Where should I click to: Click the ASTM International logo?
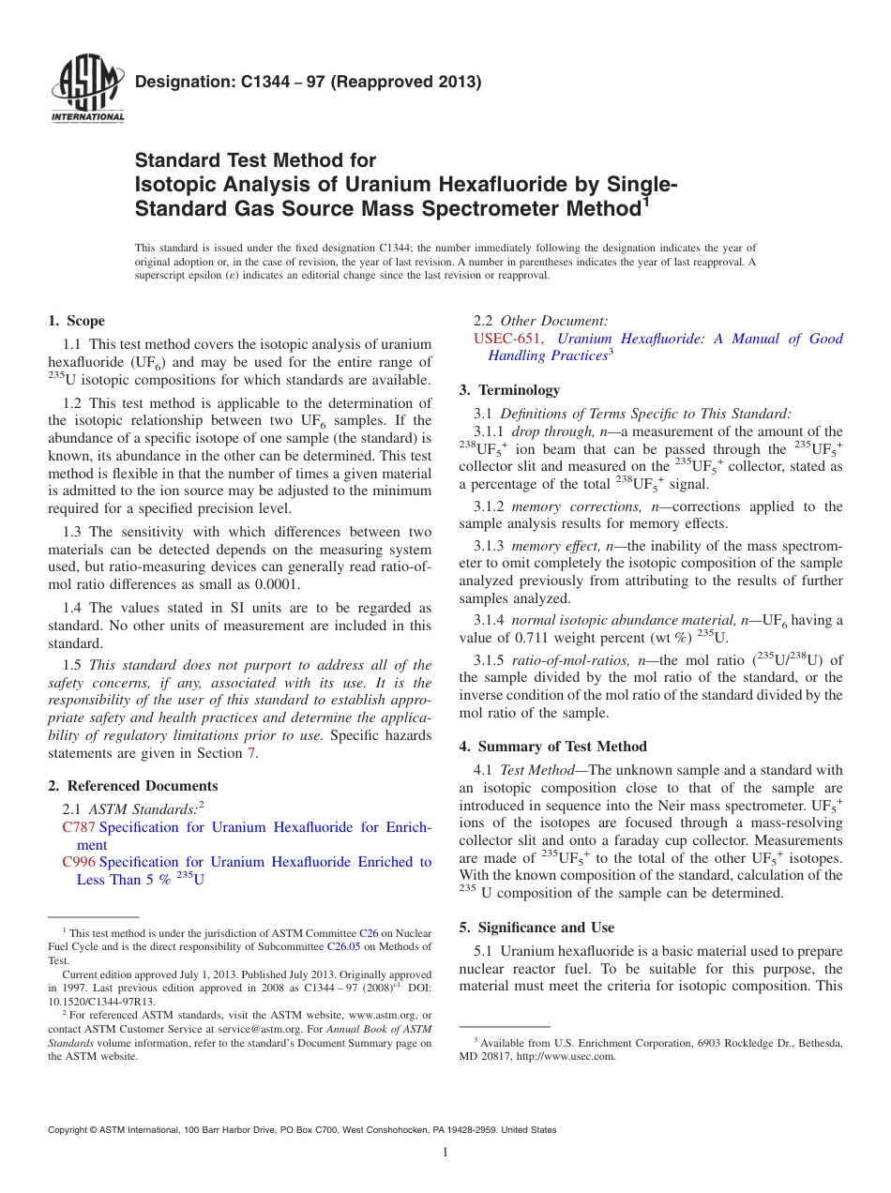point(86,90)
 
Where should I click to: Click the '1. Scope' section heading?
point(76,321)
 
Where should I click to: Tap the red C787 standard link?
point(79,827)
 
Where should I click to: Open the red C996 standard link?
point(79,862)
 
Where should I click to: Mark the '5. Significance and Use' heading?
point(536,928)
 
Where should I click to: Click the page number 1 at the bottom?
point(445,1153)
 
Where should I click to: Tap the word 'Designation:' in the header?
point(175,82)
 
